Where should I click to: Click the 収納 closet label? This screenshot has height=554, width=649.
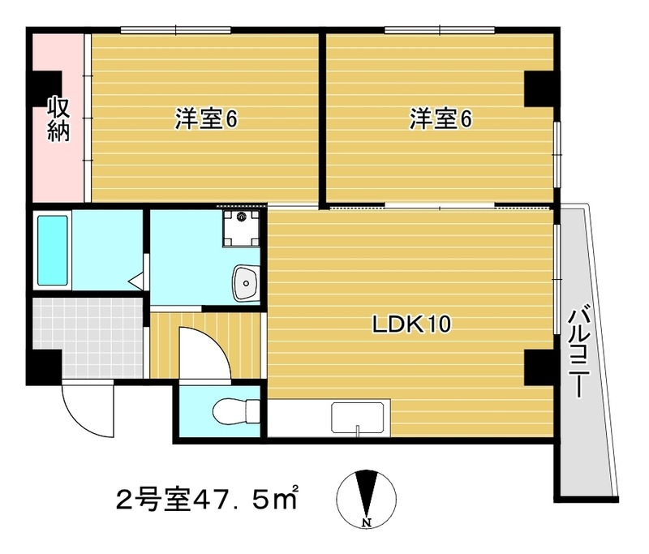57,119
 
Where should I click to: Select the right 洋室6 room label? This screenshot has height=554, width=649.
441,120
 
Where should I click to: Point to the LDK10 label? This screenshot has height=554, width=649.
411,325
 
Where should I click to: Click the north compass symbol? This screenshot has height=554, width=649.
367,496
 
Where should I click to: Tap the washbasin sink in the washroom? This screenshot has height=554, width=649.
244,282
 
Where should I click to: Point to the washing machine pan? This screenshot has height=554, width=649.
243,225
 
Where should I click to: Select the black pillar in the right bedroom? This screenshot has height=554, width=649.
538,88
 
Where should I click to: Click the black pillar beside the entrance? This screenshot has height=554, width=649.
43,367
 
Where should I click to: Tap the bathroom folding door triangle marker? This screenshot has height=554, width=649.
136,283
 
